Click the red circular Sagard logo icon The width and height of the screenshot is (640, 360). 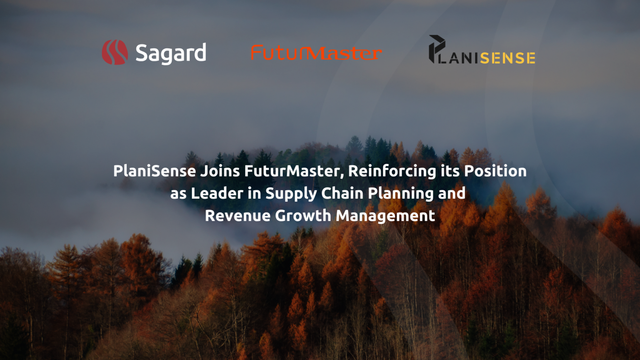[115, 52]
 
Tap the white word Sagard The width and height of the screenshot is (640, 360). [171, 53]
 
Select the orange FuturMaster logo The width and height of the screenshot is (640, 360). [316, 53]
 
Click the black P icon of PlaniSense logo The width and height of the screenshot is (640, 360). [436, 49]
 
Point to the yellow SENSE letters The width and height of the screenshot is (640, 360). [507, 58]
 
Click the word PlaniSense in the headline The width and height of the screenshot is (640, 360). [155, 171]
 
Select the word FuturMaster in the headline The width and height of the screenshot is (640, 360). [293, 171]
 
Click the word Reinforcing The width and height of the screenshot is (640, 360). [392, 171]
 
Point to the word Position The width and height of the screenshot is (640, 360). [495, 171]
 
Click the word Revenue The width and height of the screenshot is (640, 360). [238, 216]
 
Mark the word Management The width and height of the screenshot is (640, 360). [385, 216]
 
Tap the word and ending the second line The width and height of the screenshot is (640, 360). [452, 193]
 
